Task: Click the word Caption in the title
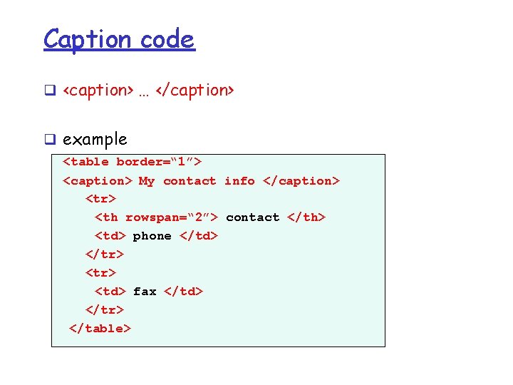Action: tap(88, 39)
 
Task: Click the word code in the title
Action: tap(167, 39)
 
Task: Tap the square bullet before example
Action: tap(50, 140)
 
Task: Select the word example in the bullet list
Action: tap(95, 139)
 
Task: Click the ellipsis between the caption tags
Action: tap(144, 91)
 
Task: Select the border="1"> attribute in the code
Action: tap(160, 162)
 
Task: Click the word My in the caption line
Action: tap(146, 181)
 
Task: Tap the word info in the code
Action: tap(239, 181)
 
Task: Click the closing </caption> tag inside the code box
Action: tap(301, 181)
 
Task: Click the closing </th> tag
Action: tap(306, 217)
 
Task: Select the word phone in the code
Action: tap(152, 236)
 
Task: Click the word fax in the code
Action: tap(145, 291)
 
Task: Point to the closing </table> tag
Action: tap(100, 328)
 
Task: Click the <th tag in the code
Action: tap(107, 217)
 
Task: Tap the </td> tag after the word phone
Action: tap(199, 236)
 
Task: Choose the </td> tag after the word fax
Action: tap(184, 291)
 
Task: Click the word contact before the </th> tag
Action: tap(253, 217)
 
